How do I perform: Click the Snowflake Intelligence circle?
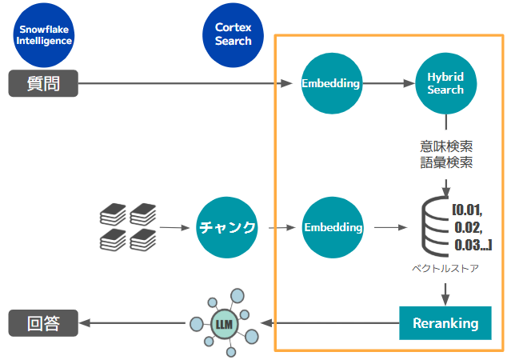[44, 34]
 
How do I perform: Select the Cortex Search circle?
[233, 34]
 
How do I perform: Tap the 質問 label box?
[43, 82]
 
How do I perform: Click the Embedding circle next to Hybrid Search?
[331, 82]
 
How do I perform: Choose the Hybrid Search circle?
[445, 82]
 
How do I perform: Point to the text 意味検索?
[445, 147]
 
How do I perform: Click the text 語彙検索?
[445, 163]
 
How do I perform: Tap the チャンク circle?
[227, 227]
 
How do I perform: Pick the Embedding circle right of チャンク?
[333, 227]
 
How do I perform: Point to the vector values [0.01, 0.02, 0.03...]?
[473, 227]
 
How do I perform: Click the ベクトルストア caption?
[446, 269]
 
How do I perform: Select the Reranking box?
[445, 323]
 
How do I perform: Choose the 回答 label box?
[43, 323]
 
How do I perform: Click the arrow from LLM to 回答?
[132, 323]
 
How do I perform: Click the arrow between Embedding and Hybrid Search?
[388, 82]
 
